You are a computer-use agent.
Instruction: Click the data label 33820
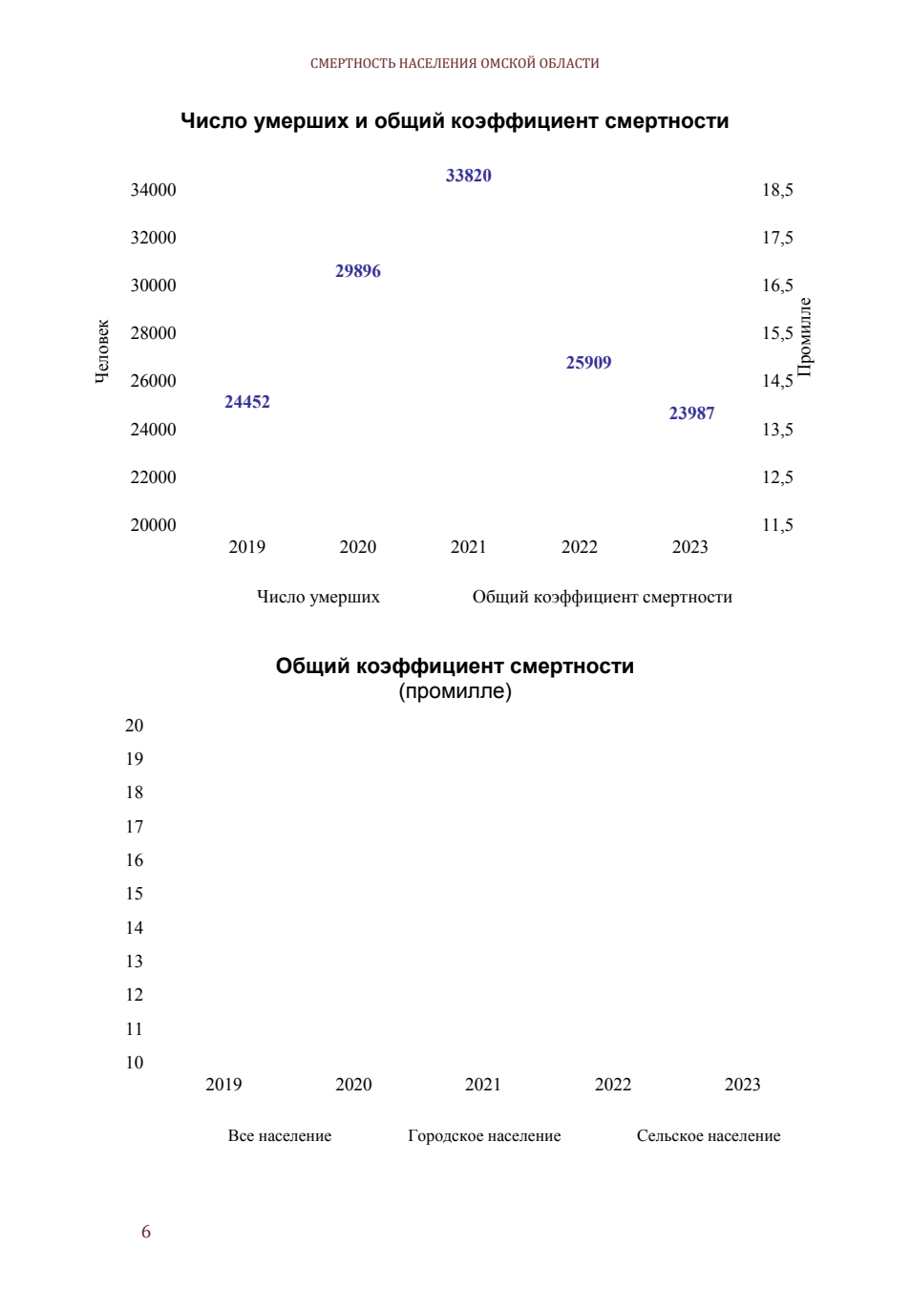(x=469, y=176)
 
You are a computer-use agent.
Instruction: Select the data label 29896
(x=358, y=271)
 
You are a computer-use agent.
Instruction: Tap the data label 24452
(x=247, y=402)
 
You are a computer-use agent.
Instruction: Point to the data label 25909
(x=588, y=363)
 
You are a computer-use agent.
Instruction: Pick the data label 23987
(x=691, y=413)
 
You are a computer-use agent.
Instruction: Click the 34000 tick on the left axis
(x=153, y=190)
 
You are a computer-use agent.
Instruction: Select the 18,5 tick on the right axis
(x=777, y=190)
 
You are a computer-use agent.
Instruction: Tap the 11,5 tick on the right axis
(x=777, y=525)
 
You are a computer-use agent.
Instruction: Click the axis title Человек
(x=101, y=351)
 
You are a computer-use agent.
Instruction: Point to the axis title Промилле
(x=805, y=337)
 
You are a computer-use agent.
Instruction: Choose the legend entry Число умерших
(x=318, y=597)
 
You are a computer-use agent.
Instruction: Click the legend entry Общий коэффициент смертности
(x=603, y=597)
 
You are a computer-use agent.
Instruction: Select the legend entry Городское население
(x=484, y=1135)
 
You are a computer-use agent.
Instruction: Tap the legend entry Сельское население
(x=709, y=1135)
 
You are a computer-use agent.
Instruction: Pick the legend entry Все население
(x=280, y=1135)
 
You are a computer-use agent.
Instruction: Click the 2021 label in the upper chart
(x=469, y=547)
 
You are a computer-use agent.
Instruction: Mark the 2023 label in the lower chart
(x=742, y=1084)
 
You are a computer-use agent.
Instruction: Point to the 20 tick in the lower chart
(x=134, y=725)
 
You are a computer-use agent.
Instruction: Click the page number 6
(x=146, y=1231)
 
